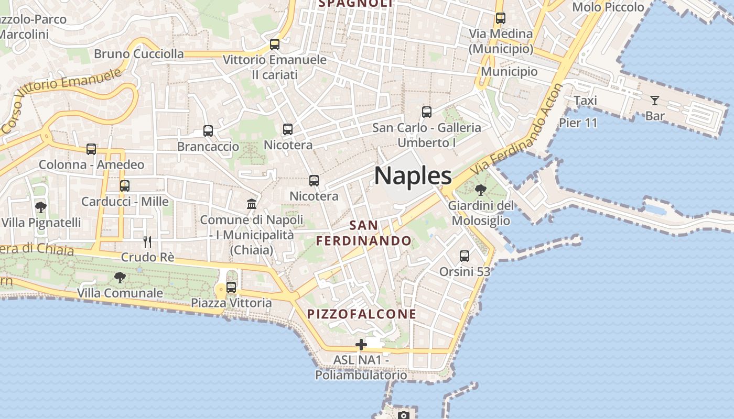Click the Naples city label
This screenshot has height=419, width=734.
point(413,175)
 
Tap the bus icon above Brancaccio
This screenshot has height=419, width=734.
point(208,131)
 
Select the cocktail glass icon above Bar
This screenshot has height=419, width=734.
point(654,101)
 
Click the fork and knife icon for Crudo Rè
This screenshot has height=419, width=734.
point(147,241)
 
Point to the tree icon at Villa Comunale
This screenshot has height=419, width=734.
point(120,277)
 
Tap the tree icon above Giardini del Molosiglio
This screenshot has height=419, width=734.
point(480,190)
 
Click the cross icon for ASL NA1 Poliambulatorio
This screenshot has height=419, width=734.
point(361,345)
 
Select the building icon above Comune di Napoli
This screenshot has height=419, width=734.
point(252,204)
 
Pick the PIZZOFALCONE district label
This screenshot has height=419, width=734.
point(362,314)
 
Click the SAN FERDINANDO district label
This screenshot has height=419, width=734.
point(364,233)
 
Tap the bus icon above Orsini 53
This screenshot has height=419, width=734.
point(465,256)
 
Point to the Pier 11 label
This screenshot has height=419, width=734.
point(578,123)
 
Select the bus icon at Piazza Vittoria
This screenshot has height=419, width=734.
point(231,288)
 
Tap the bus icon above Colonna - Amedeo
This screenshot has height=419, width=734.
point(91,150)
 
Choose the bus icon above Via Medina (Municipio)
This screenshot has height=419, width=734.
point(501,18)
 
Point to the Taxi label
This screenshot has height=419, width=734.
point(585,101)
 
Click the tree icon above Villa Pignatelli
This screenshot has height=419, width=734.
point(40,207)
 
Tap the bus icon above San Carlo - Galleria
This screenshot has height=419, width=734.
point(427,112)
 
